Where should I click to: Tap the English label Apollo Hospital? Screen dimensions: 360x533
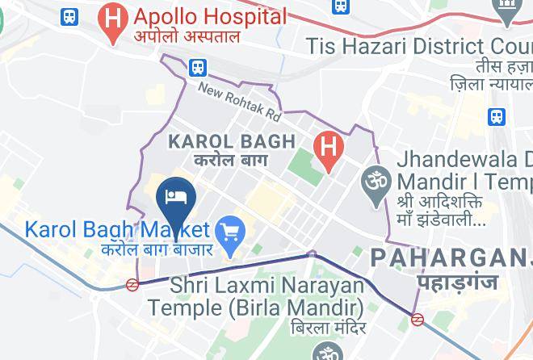[x=210, y=16]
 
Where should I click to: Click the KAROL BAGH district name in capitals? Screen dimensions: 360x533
[x=231, y=142]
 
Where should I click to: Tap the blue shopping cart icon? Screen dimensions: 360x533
[x=232, y=233]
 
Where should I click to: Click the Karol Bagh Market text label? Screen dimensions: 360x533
[x=117, y=230]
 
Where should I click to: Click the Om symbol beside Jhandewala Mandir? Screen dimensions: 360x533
[x=375, y=178]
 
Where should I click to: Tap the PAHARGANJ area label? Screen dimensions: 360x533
[x=451, y=258]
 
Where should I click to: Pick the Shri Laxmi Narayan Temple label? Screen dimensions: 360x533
[x=264, y=295]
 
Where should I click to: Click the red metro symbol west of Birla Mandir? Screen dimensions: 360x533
[x=132, y=284]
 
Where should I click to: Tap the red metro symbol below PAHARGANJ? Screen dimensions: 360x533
[x=418, y=319]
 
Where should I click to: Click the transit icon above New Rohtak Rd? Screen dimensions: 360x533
[x=198, y=68]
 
